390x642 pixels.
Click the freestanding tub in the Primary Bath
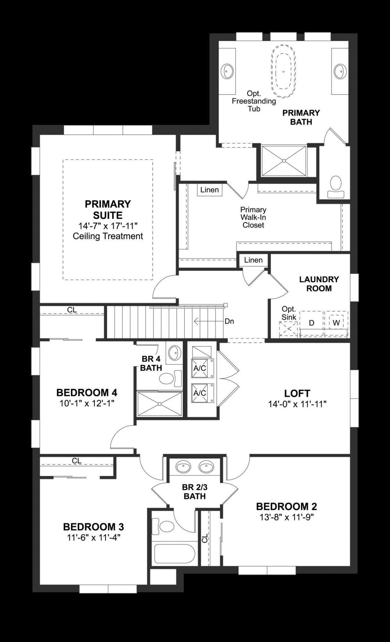pyautogui.click(x=283, y=71)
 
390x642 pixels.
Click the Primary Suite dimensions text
pyautogui.click(x=108, y=226)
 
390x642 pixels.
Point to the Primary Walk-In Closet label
pyautogui.click(x=253, y=217)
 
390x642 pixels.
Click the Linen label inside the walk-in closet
pyautogui.click(x=210, y=190)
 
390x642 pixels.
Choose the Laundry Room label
pyautogui.click(x=319, y=284)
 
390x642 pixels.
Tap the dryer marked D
pyautogui.click(x=311, y=323)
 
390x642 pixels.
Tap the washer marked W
pyautogui.click(x=336, y=323)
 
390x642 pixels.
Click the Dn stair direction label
pyautogui.click(x=229, y=321)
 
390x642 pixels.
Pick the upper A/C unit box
pyautogui.click(x=200, y=368)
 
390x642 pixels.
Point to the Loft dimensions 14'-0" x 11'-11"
pyautogui.click(x=297, y=404)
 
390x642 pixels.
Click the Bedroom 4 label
pyautogui.click(x=87, y=393)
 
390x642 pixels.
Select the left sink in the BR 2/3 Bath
pyautogui.click(x=183, y=466)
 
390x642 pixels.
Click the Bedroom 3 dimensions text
pyautogui.click(x=94, y=538)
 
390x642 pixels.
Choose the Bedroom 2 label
pyautogui.click(x=286, y=507)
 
